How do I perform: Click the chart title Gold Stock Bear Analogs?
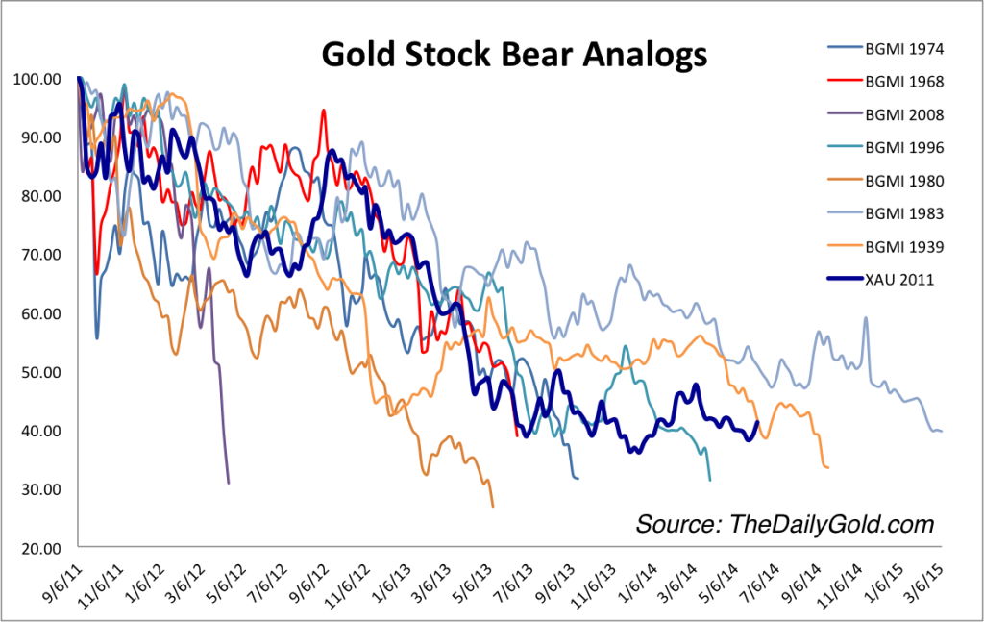coord(513,54)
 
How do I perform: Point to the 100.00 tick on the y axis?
coord(38,78)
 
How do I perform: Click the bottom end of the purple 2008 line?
coord(228,483)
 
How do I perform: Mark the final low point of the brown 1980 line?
coord(493,506)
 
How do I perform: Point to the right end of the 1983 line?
coord(942,431)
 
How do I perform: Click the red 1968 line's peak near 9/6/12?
coord(324,111)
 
